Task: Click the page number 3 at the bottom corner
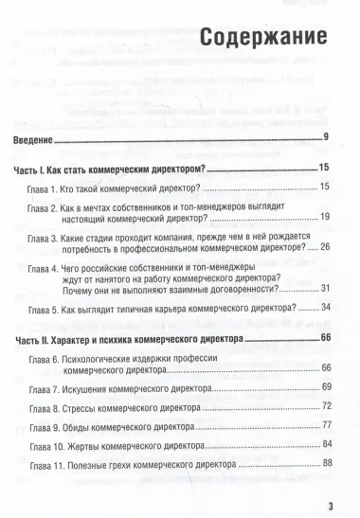click(329, 503)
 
